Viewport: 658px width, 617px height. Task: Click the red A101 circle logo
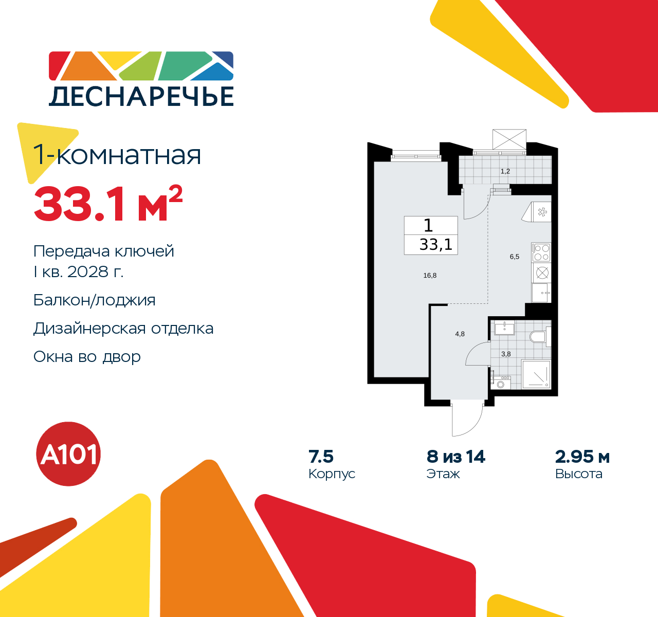(x=69, y=454)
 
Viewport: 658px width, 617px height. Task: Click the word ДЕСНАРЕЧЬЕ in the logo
(x=141, y=96)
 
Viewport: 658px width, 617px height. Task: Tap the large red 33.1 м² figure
(x=108, y=204)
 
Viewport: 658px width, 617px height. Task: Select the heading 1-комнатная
(x=117, y=155)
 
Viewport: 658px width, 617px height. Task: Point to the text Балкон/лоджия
(x=95, y=300)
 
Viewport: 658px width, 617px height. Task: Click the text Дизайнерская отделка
(x=123, y=329)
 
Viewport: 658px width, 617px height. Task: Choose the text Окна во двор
(x=87, y=357)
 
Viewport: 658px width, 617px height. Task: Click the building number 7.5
(x=321, y=457)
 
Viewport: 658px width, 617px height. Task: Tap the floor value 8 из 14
(x=456, y=457)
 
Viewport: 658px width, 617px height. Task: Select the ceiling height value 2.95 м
(x=582, y=457)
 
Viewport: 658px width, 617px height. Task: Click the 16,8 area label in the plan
(x=430, y=276)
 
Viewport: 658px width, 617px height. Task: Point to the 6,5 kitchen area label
(x=515, y=257)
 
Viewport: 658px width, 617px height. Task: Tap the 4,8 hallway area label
(x=460, y=334)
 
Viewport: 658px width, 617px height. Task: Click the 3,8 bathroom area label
(x=506, y=354)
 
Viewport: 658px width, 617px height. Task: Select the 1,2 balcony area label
(x=505, y=171)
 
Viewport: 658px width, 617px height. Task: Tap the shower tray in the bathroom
(x=536, y=374)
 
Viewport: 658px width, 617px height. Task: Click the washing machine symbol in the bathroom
(x=501, y=383)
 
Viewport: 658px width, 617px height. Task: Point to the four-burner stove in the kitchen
(x=541, y=252)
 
